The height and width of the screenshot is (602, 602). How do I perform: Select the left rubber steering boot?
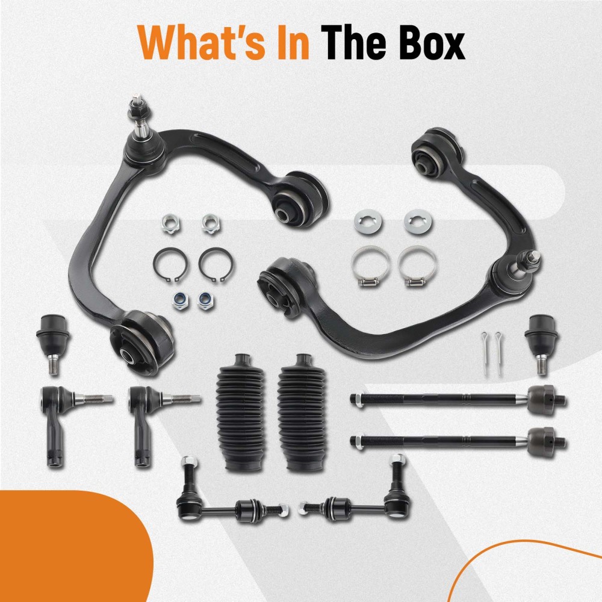(240, 412)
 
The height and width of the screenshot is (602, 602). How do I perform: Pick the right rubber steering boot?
(301, 412)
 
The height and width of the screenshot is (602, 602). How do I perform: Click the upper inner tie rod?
(458, 400)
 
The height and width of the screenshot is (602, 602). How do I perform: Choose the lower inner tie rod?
(458, 441)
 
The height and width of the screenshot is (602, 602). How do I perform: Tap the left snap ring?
(170, 264)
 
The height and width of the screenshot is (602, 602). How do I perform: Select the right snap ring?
(216, 264)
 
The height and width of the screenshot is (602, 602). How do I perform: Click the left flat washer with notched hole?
(368, 221)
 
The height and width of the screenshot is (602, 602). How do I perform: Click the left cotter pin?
(485, 353)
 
